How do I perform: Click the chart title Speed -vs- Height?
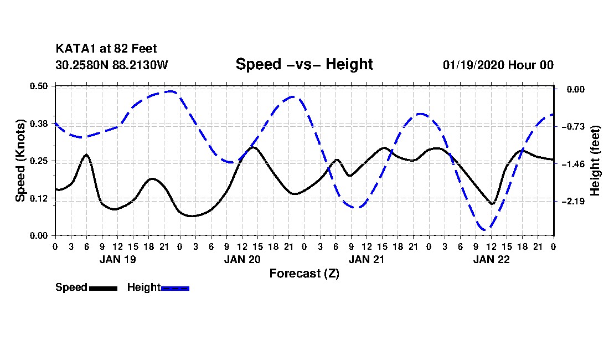[304, 64]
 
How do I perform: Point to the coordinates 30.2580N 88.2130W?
[111, 65]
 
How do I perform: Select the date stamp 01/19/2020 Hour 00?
[498, 65]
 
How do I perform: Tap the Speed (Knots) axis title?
[20, 161]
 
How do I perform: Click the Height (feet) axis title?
[595, 161]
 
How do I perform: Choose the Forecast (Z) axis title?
[304, 273]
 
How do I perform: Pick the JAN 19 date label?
[117, 259]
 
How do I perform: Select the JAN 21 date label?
[367, 259]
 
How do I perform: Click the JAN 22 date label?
[491, 259]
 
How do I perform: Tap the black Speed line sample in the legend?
[103, 287]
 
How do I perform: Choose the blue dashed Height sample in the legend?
[175, 287]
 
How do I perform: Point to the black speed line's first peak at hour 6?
[86, 155]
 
